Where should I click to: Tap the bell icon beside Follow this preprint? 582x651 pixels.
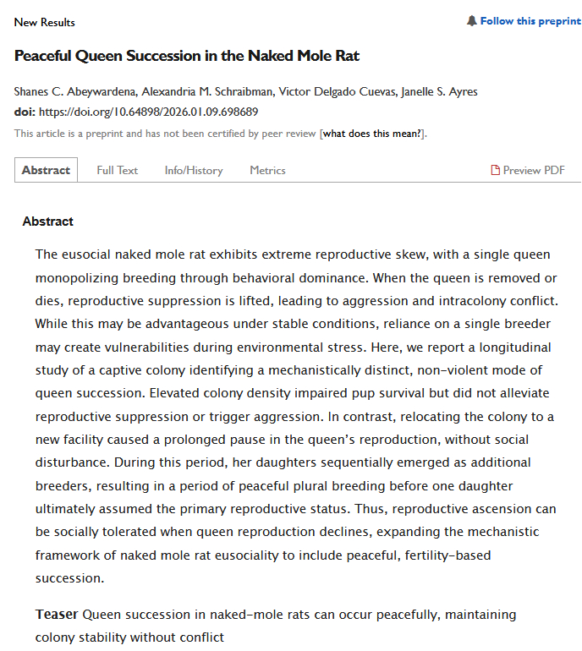click(x=472, y=21)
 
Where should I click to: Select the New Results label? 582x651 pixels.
click(x=45, y=22)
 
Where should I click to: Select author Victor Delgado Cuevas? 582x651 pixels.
click(x=326, y=91)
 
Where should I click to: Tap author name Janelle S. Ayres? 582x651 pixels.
click(x=434, y=91)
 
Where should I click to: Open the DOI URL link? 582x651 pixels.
click(x=148, y=112)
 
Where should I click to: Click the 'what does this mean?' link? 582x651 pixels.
click(x=372, y=134)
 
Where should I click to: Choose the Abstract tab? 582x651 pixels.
click(x=46, y=170)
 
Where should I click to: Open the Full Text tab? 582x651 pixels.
click(x=117, y=170)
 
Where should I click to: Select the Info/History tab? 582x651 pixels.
click(x=194, y=170)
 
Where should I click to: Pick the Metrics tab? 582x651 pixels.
click(x=267, y=170)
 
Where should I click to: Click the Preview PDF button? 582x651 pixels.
click(x=534, y=170)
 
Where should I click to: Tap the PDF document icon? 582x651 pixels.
click(x=496, y=170)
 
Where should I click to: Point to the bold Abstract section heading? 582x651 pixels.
click(x=48, y=222)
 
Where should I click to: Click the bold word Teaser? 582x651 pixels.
click(x=57, y=614)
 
